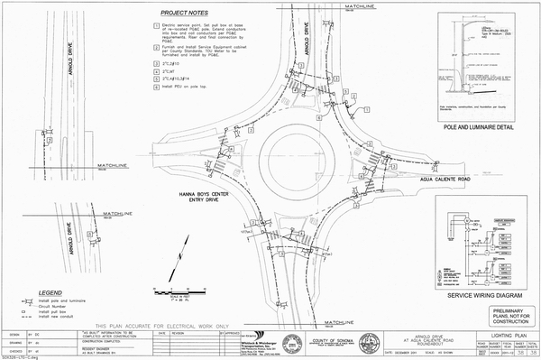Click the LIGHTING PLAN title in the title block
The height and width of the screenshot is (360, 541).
click(505, 333)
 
